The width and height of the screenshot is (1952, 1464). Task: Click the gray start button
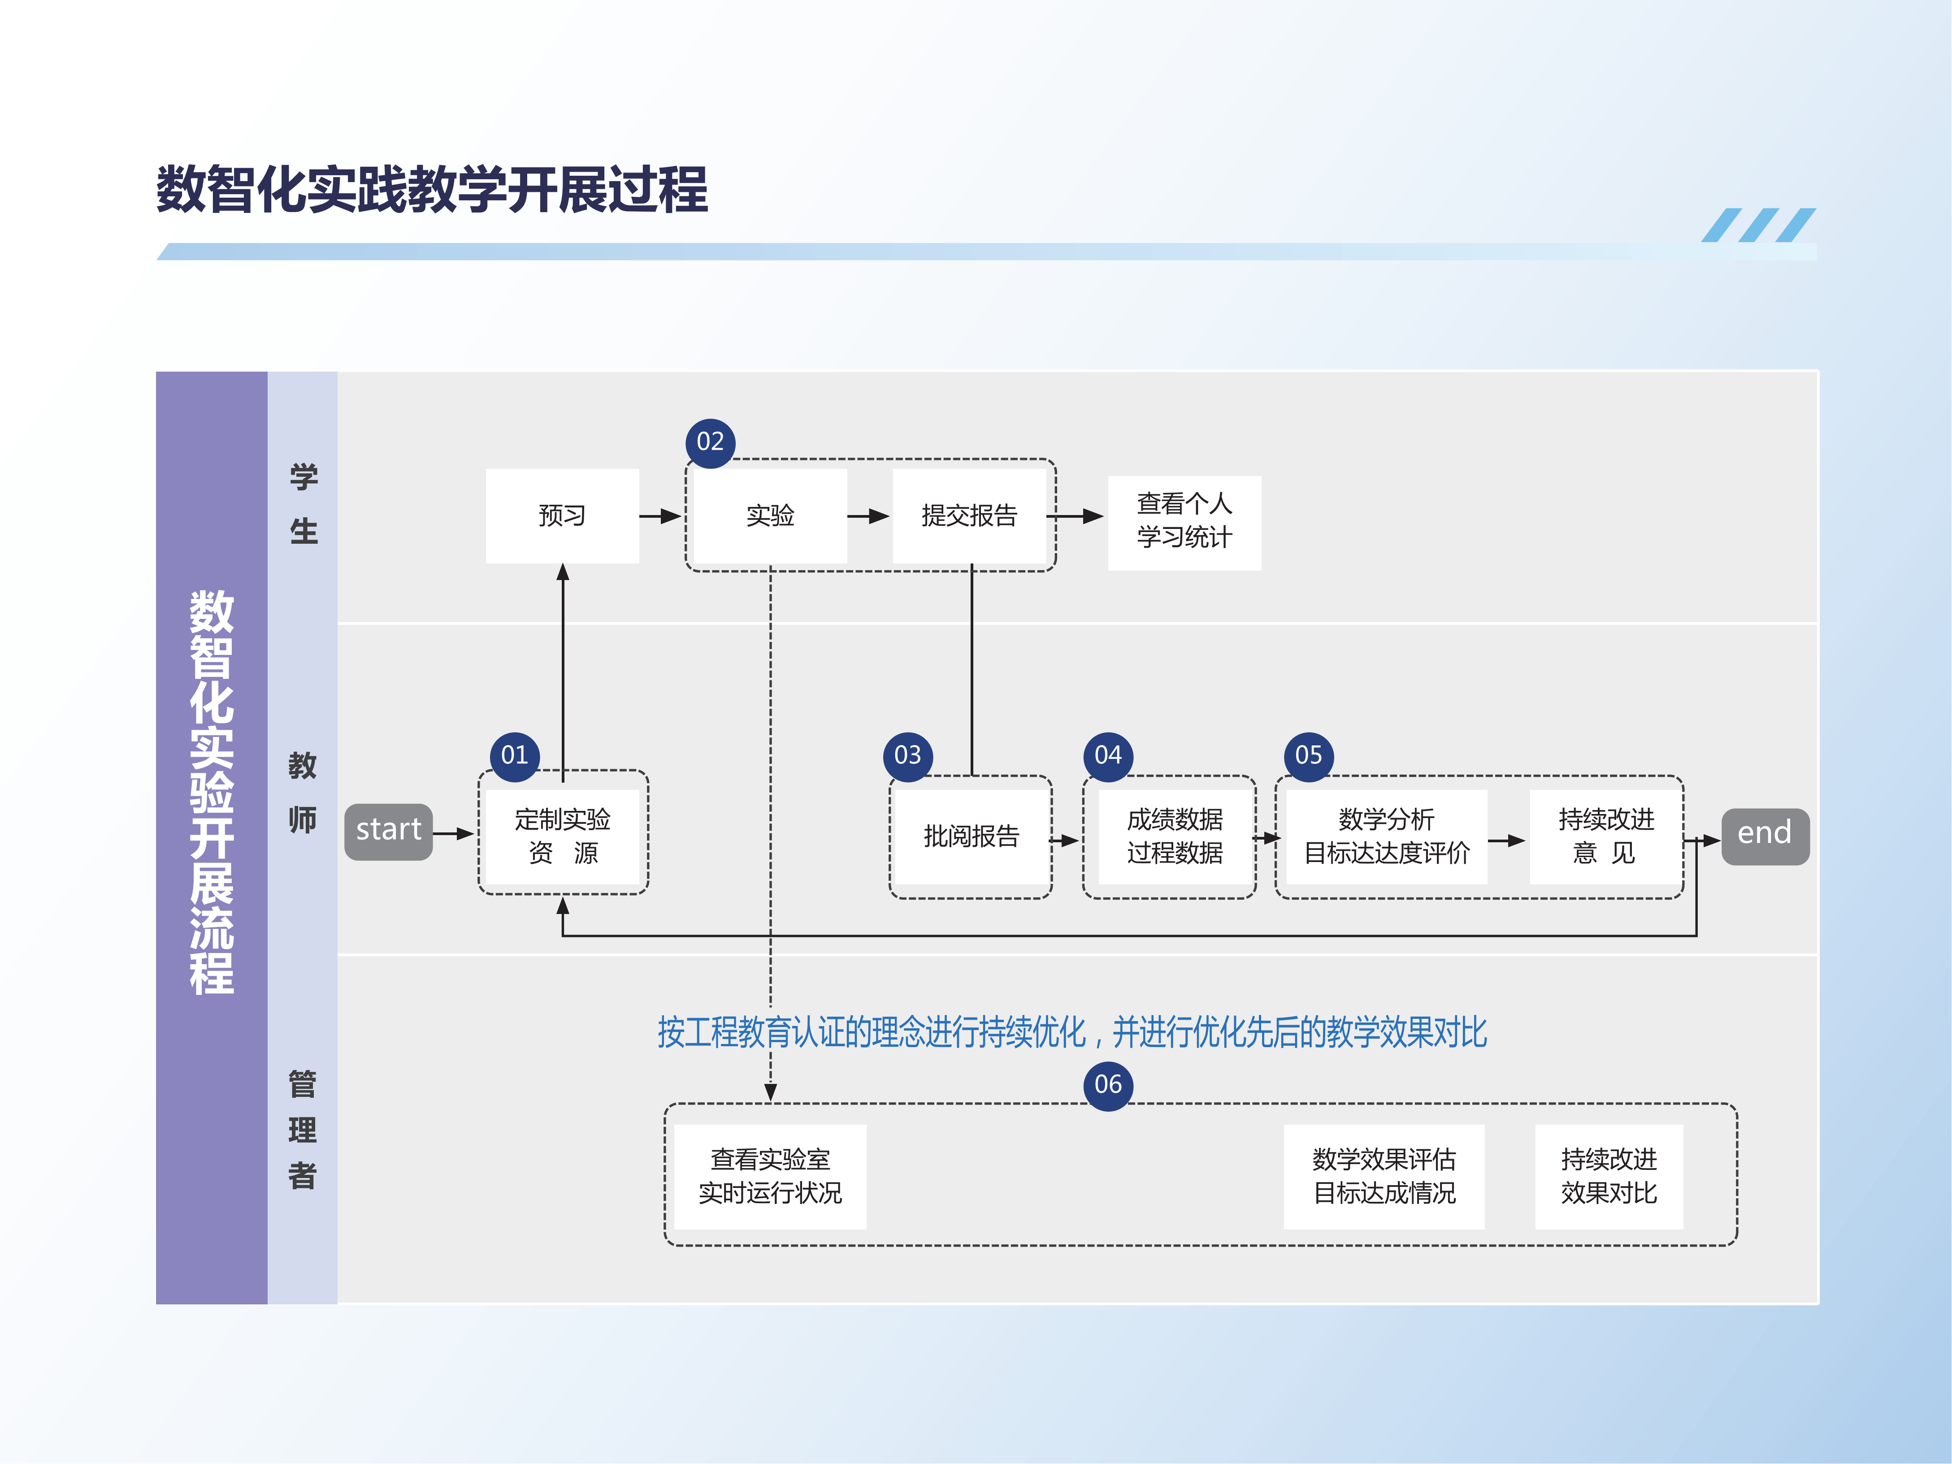[388, 831]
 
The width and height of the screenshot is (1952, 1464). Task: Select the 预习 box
[562, 515]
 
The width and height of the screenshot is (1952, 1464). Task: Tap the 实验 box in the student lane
[770, 515]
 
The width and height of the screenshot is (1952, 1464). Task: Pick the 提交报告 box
[969, 515]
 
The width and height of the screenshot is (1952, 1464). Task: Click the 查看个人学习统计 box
[1184, 521]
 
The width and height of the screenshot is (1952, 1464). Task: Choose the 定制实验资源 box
[562, 836]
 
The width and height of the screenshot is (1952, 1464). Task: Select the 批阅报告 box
[971, 836]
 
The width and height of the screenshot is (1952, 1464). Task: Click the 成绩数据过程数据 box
[1175, 836]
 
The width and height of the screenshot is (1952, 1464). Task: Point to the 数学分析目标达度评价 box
[1386, 836]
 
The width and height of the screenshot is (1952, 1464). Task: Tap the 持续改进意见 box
[1606, 836]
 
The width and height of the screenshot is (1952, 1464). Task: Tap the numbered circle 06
[1108, 1084]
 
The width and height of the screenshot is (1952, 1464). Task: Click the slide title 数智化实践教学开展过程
[432, 190]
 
